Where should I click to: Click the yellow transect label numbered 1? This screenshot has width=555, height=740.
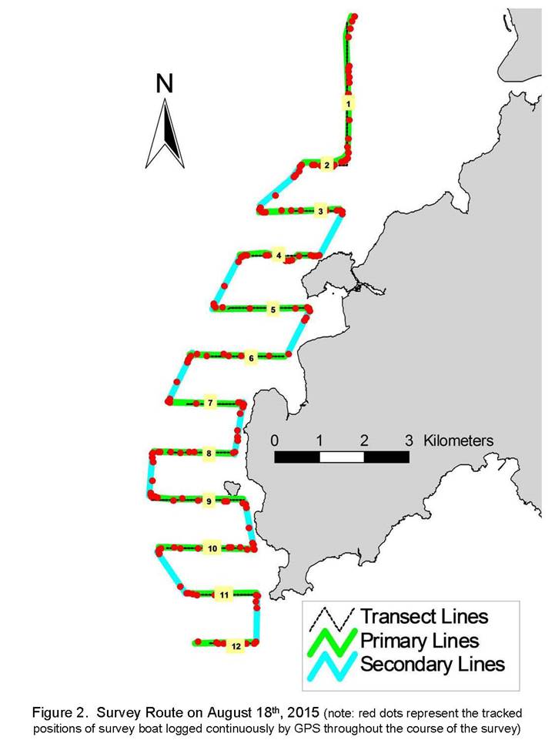click(348, 103)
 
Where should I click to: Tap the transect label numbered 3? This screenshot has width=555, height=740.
click(320, 211)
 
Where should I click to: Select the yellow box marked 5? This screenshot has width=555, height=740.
click(272, 310)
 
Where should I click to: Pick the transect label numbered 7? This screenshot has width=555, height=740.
click(210, 403)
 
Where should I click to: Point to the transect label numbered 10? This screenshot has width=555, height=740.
click(212, 548)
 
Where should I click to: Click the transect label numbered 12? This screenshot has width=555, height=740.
click(236, 646)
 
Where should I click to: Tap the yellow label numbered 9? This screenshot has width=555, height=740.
click(209, 501)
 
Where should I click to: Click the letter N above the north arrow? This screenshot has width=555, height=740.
click(164, 83)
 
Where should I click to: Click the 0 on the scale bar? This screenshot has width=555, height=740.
click(275, 440)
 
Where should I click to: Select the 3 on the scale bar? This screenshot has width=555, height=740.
click(409, 440)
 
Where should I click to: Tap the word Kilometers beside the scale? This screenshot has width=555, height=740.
click(458, 440)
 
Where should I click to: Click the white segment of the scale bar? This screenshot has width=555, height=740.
click(342, 457)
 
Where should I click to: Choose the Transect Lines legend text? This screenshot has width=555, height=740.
click(424, 616)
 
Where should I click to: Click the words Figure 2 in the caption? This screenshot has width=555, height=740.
click(59, 712)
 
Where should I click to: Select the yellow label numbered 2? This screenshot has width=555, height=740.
click(326, 166)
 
